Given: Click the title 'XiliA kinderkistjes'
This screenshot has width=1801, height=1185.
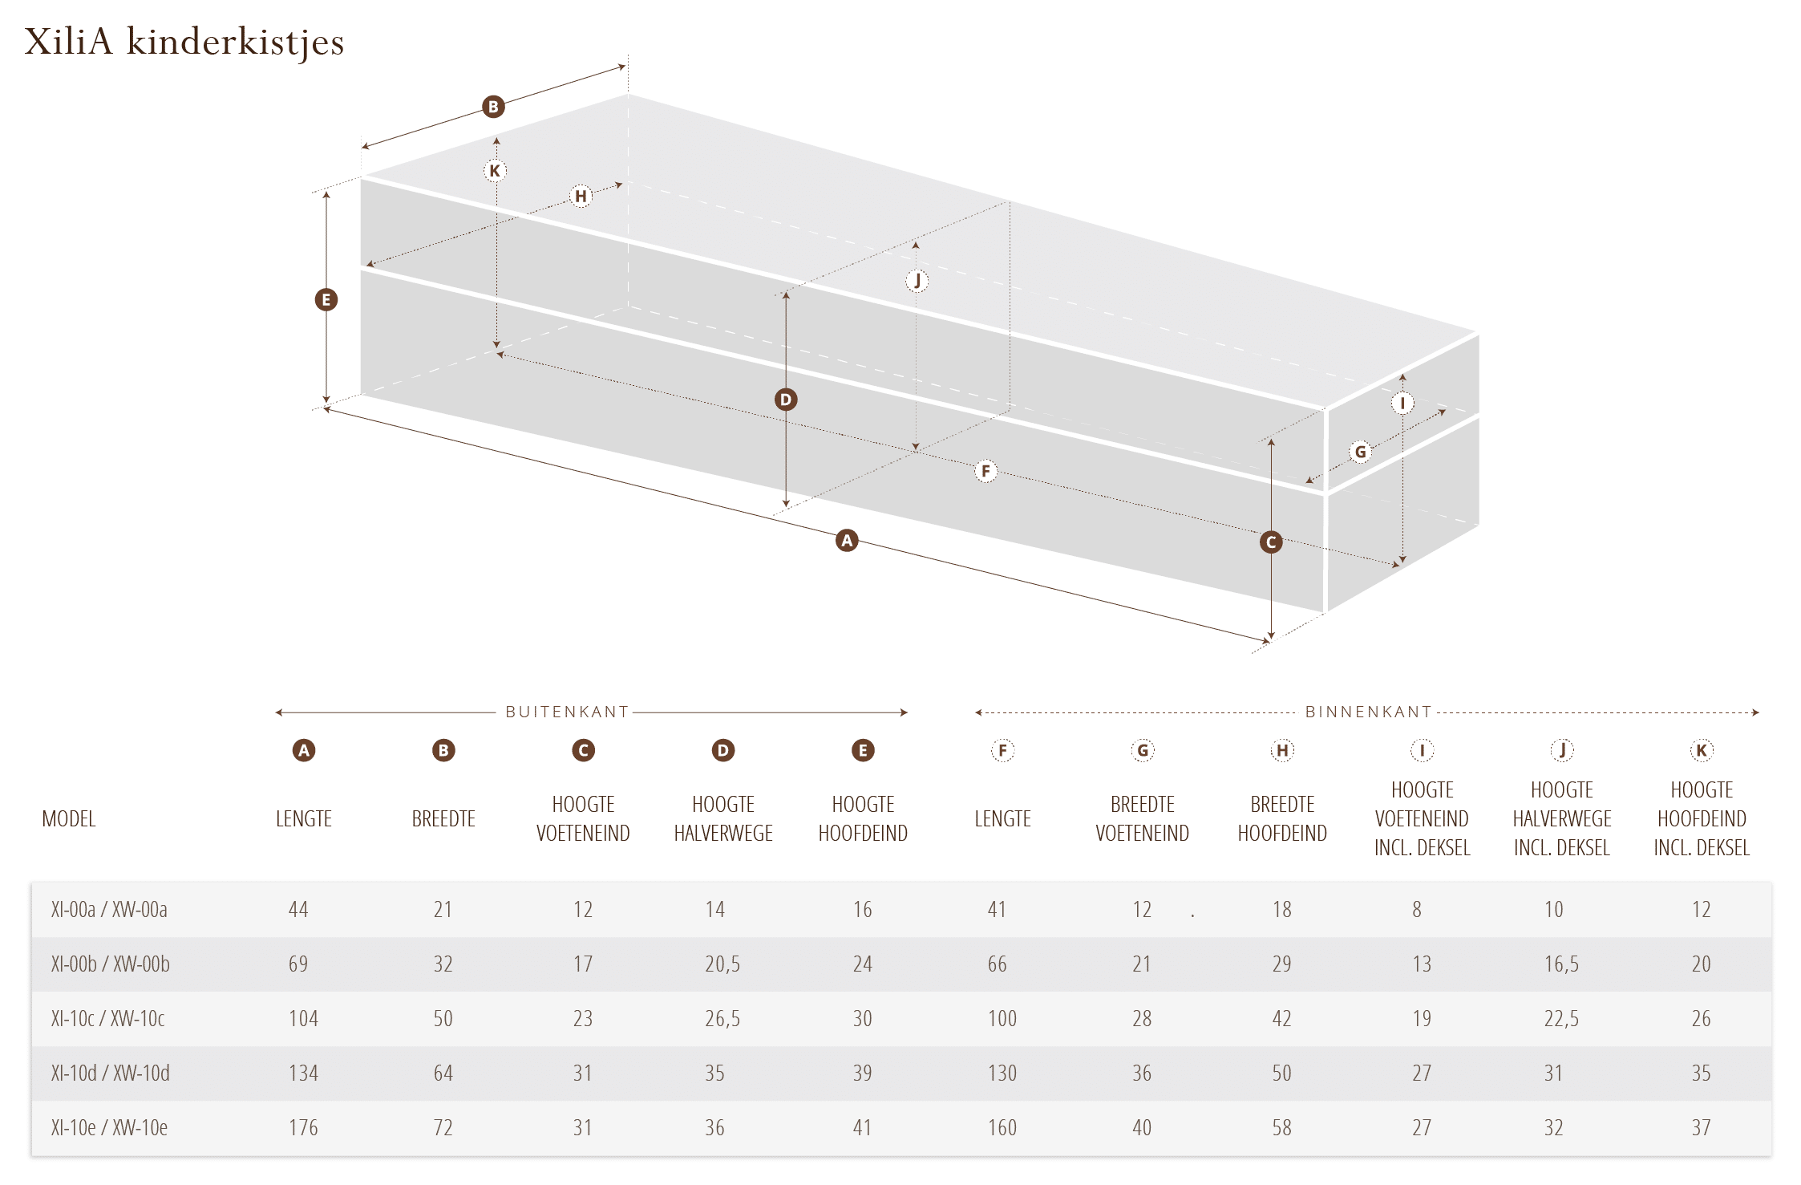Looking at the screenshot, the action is tap(184, 43).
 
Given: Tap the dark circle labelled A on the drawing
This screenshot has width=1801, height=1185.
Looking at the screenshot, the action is tap(847, 541).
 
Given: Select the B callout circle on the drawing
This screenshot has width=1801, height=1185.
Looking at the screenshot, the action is tap(493, 107).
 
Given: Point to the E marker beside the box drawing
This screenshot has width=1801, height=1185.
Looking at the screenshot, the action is tap(326, 300).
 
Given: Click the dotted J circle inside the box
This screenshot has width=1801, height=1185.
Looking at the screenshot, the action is tap(917, 281).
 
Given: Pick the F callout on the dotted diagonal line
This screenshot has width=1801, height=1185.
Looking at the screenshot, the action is tap(985, 471).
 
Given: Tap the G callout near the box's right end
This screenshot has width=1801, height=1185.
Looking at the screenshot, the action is tap(1360, 452).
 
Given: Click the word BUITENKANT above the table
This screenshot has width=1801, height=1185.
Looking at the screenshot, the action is tap(567, 712).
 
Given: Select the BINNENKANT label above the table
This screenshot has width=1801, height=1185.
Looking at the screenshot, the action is tap(1368, 712).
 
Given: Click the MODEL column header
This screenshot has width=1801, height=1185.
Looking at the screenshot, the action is tap(69, 819).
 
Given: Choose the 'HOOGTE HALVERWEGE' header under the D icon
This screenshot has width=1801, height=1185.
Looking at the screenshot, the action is tap(723, 819).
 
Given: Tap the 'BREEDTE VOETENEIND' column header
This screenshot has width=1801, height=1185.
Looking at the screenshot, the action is tap(1143, 819).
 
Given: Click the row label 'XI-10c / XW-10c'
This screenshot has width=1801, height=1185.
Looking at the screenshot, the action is tap(107, 1019).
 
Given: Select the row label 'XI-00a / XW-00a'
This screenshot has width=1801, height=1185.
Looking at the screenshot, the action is tap(109, 910).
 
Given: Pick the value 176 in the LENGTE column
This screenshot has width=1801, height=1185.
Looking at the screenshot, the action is tap(303, 1128).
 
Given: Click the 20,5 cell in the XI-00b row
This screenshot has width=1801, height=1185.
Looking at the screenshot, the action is tap(722, 964).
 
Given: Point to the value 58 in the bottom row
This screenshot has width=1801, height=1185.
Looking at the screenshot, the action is tap(1281, 1128).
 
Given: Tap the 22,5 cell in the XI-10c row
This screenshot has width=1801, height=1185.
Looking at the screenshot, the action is tap(1561, 1019).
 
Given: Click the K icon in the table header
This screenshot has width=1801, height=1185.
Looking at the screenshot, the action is tap(1702, 750).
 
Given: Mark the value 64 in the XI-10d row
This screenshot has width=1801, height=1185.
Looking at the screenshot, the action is tap(443, 1073).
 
